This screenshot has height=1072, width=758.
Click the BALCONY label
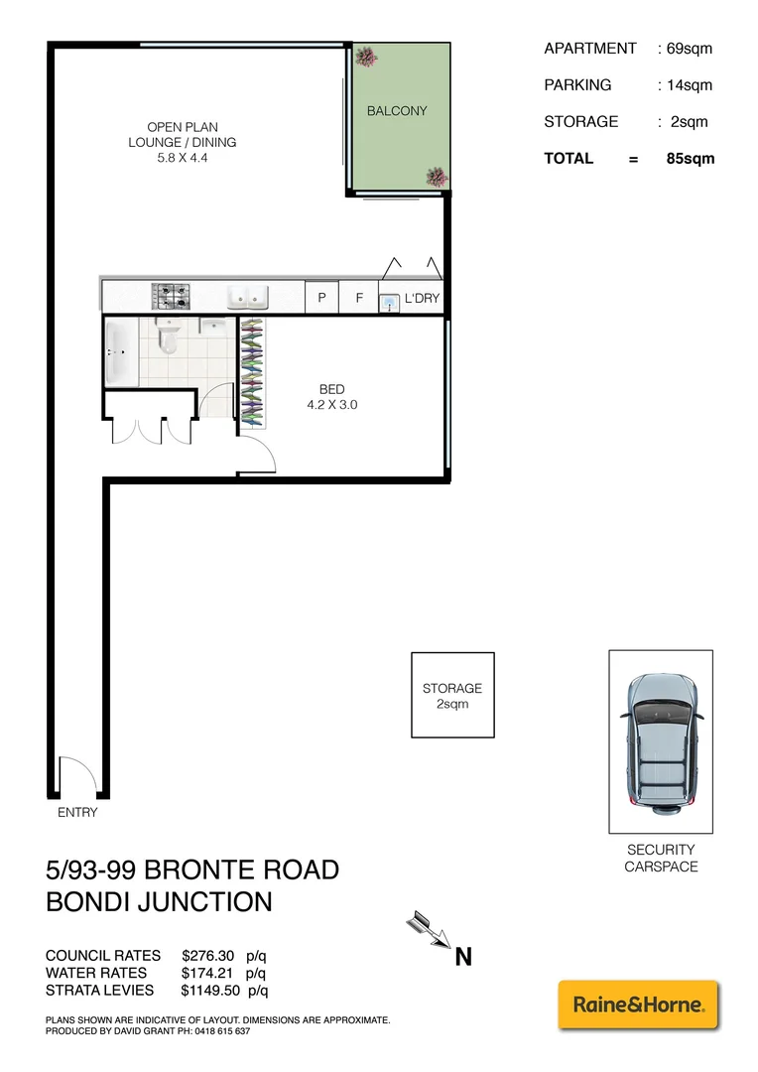(x=397, y=111)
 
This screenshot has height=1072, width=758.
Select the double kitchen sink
(x=246, y=297)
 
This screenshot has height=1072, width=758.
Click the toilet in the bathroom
(x=169, y=339)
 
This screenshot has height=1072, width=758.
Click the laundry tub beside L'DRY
(x=390, y=303)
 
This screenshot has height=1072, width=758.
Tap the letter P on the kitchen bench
(x=321, y=297)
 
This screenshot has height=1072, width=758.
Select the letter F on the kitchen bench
(x=359, y=297)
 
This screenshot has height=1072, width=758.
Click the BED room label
(x=331, y=389)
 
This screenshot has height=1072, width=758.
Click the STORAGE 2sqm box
(x=452, y=695)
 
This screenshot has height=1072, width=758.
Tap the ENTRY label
(x=77, y=812)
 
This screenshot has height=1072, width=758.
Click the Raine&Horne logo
(x=638, y=1005)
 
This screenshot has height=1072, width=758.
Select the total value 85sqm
(x=690, y=159)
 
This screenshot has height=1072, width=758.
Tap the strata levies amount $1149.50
(x=212, y=990)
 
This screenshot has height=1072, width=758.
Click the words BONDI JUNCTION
(x=159, y=902)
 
